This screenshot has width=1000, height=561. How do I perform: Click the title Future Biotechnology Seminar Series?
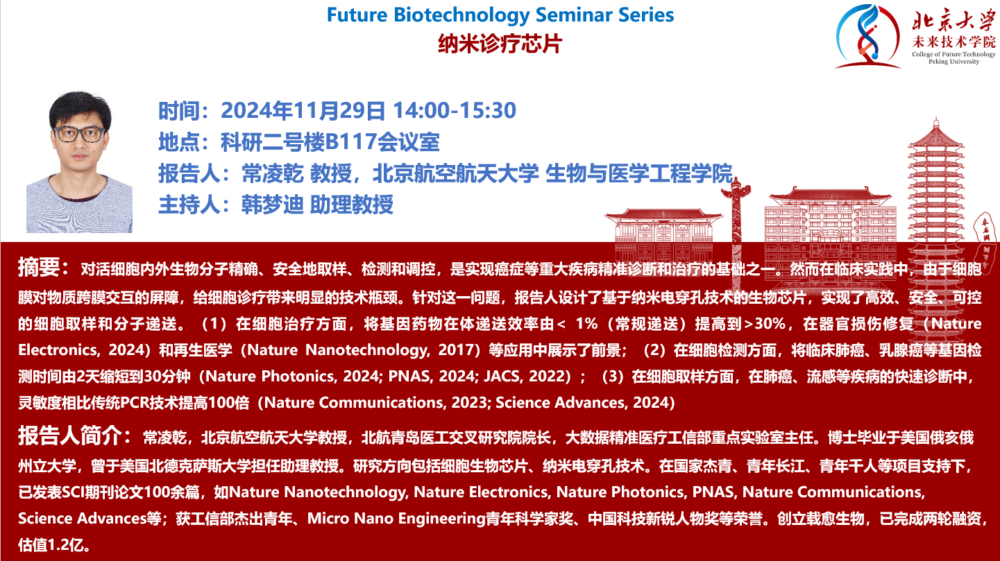point(500,15)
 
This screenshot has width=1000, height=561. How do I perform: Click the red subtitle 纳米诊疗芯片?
point(500,44)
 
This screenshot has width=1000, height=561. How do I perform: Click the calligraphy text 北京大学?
point(954,21)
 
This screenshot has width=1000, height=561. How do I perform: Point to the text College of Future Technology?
point(954,54)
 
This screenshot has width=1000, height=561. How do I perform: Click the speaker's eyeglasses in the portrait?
point(80,134)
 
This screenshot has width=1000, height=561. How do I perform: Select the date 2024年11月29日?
point(303,110)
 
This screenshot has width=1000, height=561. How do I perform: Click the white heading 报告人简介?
point(70,435)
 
